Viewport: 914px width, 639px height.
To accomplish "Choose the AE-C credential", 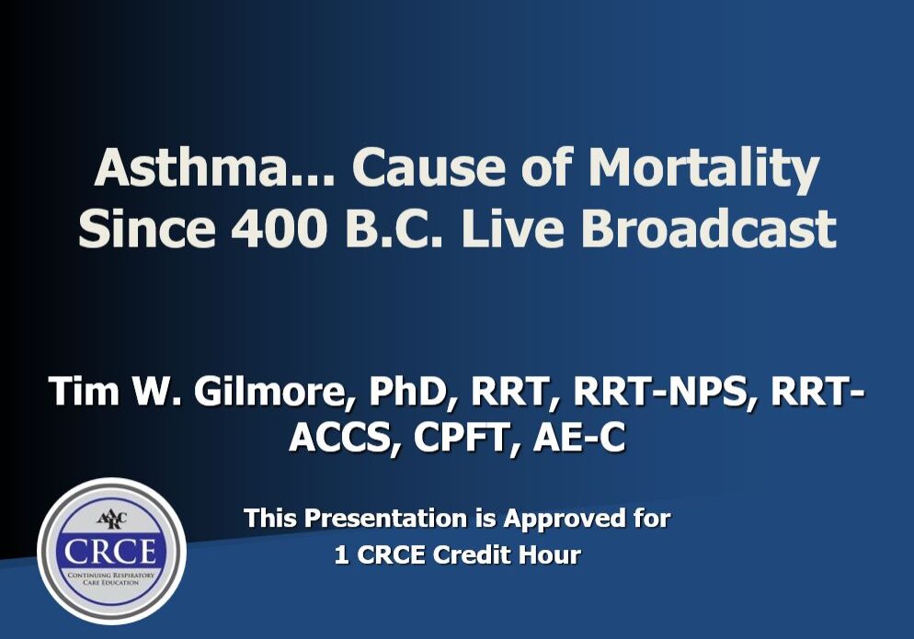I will pos(579,438).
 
